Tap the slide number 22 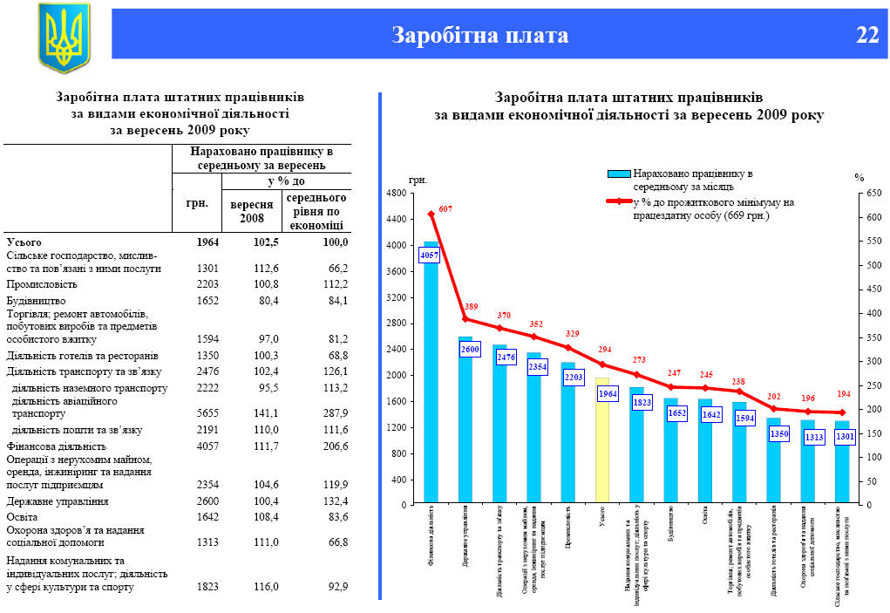(866, 35)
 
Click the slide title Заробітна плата (479, 35)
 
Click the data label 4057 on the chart (430, 255)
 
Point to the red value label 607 (445, 209)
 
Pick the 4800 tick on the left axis (395, 194)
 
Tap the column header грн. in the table (197, 202)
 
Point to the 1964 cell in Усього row (207, 242)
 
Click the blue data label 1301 (843, 437)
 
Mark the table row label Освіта (24, 516)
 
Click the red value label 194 (843, 396)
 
